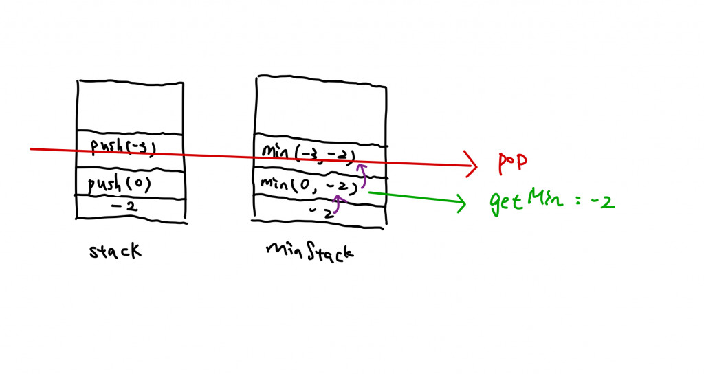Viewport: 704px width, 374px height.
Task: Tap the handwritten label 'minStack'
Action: tap(309, 251)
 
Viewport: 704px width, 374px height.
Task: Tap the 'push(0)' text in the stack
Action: tap(119, 184)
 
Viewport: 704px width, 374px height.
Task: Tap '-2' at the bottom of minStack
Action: tap(321, 212)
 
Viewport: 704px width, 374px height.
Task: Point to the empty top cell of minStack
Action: tap(320, 110)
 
